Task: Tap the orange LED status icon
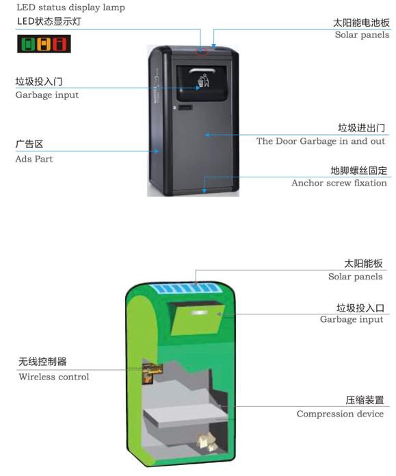point(44,44)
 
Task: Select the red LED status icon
point(60,44)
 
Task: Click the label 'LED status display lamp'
point(70,8)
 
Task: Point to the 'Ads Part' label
point(34,159)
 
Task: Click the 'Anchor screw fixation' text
point(339,183)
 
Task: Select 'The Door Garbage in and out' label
point(321,141)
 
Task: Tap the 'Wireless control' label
point(54,377)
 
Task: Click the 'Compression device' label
point(340,414)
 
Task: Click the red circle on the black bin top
point(202,51)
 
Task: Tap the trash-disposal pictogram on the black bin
point(203,80)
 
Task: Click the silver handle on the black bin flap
point(202,71)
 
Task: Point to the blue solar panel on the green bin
point(186,288)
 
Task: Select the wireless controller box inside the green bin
point(153,373)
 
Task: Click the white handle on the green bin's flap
point(199,312)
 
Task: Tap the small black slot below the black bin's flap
point(185,108)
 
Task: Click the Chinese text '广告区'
point(29,144)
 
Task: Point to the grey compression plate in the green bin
point(185,414)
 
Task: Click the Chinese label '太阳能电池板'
point(361,23)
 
